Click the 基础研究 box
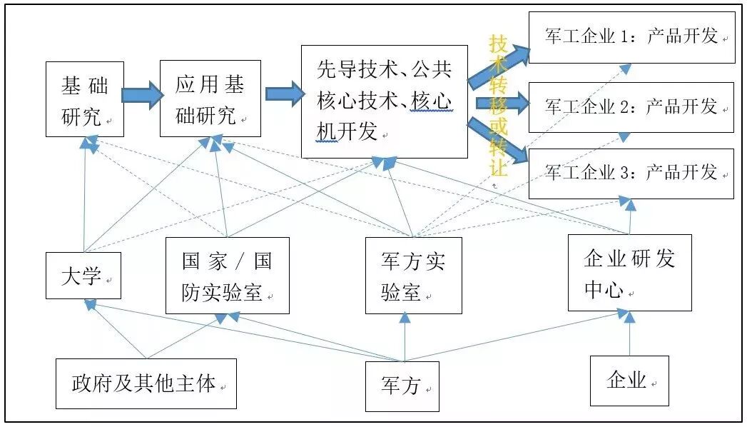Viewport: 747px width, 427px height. click(85, 99)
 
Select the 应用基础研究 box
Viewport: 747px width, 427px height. click(210, 99)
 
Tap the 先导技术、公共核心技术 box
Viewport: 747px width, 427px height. click(385, 101)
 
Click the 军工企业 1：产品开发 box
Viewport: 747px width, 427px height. click(631, 37)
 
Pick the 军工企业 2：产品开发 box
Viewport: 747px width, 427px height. click(631, 107)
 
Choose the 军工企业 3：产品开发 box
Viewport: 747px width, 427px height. click(631, 174)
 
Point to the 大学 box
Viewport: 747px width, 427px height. click(83, 275)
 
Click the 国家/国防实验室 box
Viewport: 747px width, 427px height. click(227, 275)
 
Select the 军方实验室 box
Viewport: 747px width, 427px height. click(413, 275)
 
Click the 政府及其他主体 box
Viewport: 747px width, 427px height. click(146, 383)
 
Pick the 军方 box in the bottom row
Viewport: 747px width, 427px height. click(402, 386)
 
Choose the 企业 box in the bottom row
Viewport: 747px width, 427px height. click(629, 380)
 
